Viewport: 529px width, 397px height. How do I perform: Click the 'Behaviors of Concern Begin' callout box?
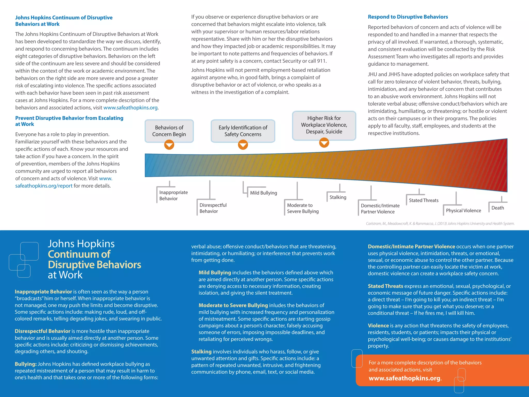point(169,131)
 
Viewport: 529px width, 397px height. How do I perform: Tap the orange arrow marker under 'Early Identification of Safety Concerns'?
point(243,145)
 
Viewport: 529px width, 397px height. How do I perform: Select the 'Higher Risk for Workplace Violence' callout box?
point(324,125)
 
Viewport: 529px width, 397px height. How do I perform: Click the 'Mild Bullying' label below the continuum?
point(263,193)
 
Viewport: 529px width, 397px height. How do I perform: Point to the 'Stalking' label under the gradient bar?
point(338,197)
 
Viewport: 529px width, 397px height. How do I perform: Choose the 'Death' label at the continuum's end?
point(497,208)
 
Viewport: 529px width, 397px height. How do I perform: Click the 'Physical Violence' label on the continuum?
point(463,210)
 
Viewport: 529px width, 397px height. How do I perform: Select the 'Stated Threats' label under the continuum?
point(423,200)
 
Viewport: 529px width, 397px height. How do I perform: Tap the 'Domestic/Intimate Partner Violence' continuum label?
point(380,209)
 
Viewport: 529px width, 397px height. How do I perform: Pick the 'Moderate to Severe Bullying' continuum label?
point(302,208)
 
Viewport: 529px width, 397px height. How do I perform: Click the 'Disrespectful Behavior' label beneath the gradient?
point(213,208)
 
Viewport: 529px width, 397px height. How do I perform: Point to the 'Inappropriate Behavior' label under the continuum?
point(173,195)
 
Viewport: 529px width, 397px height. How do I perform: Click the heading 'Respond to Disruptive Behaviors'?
point(408,17)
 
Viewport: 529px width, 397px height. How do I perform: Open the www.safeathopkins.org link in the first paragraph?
point(130,108)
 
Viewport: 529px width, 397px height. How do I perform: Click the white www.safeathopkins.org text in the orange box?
point(404,378)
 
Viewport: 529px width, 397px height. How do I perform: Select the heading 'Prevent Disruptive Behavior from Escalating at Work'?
point(69,121)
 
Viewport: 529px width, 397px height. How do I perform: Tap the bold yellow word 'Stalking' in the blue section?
point(201,352)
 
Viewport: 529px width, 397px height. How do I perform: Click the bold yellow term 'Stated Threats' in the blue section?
point(385,286)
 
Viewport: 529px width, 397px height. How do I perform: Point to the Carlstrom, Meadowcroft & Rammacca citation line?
point(440,224)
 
